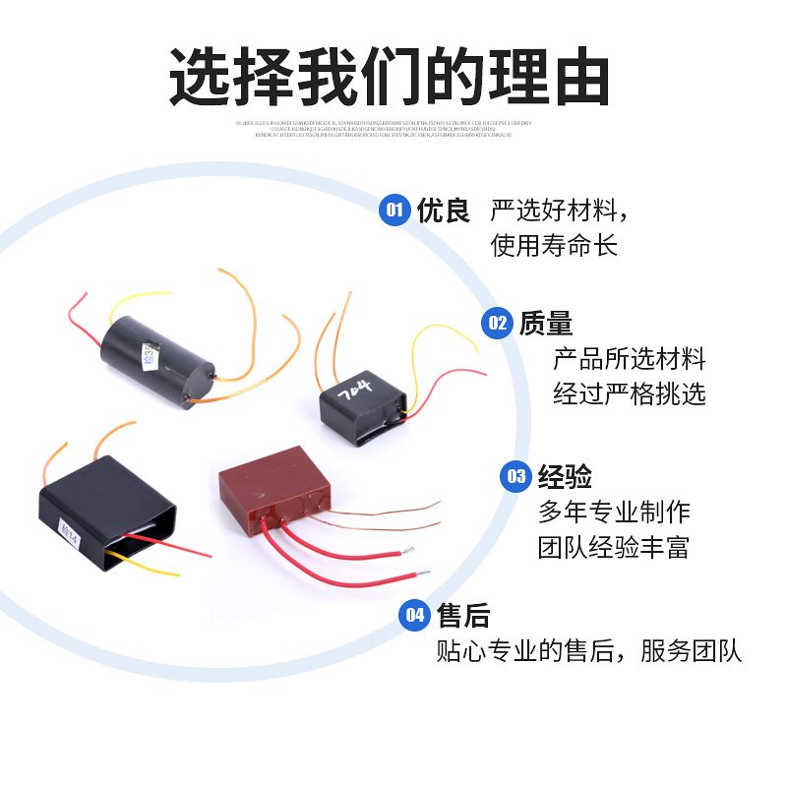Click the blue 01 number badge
394,211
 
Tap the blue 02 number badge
497,323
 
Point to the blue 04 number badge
413,616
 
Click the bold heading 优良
444,211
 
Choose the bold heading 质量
546,323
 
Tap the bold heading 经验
565,477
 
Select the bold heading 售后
462,616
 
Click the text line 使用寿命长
554,246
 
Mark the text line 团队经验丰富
614,547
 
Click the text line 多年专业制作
614,512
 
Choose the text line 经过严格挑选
630,393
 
